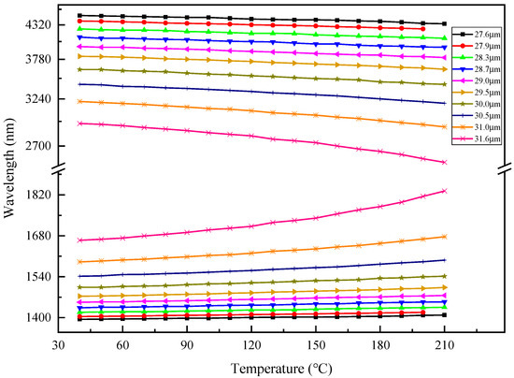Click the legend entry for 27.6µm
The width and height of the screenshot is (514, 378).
coord(483,34)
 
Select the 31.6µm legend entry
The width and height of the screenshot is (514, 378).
coord(483,138)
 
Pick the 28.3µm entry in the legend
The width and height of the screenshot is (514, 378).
coord(483,57)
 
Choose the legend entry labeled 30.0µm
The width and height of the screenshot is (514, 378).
coord(483,104)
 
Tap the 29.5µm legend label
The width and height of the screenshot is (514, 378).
coord(483,92)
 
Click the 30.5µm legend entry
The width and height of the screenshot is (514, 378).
coord(483,115)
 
